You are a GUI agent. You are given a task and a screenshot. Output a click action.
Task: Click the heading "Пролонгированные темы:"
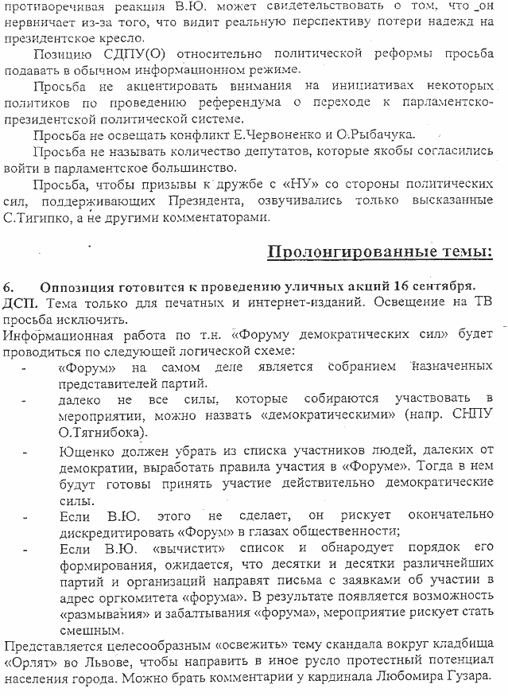pyautogui.click(x=378, y=252)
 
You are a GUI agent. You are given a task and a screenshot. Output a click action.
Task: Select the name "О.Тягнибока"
pyautogui.click(x=102, y=433)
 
